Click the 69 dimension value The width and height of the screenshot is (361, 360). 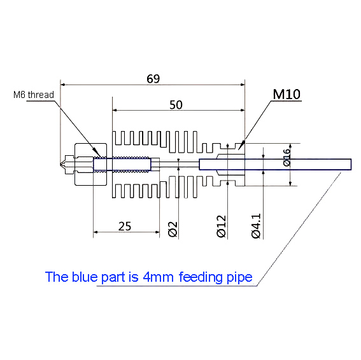(x=153, y=79)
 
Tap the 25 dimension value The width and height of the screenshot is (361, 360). (x=125, y=226)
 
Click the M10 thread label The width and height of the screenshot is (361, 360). (x=287, y=95)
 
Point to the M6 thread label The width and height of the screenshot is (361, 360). (x=34, y=95)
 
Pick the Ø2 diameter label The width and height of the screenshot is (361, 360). (x=173, y=229)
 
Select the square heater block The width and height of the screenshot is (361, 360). (x=89, y=165)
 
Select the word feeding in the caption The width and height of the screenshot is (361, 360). (x=202, y=277)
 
